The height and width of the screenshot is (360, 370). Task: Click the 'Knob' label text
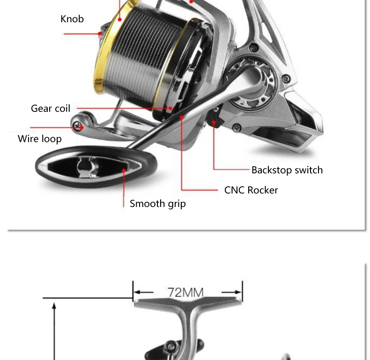[x=72, y=19]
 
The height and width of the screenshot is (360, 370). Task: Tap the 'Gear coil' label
[x=51, y=109]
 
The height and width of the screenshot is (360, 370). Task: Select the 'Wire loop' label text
[x=40, y=139]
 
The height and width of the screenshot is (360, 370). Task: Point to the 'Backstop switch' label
[x=287, y=170]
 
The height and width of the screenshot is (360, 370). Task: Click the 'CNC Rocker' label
[x=251, y=190]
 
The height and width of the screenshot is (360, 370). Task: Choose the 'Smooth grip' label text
[x=157, y=204]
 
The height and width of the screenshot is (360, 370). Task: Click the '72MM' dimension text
[x=186, y=293]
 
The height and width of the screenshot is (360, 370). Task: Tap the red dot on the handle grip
[x=124, y=171]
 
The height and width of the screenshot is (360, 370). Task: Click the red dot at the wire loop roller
[x=81, y=127]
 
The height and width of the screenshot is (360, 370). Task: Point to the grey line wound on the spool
[x=145, y=51]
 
